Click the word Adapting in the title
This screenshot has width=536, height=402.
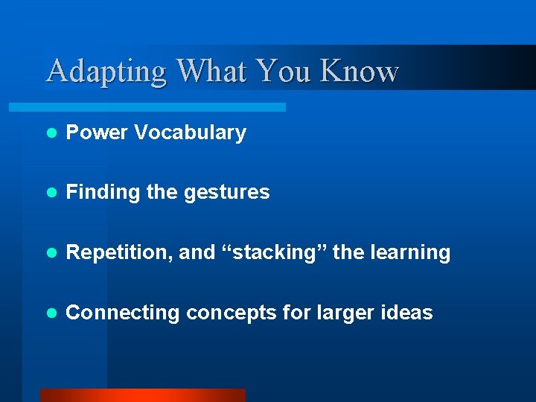106,71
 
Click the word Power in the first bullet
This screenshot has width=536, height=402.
96,133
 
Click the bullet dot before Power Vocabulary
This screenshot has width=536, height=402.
51,134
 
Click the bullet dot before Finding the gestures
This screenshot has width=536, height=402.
51,194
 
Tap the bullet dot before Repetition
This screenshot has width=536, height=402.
51,254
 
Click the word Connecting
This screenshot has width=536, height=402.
123,313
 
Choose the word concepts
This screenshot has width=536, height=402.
231,313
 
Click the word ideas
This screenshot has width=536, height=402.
409,313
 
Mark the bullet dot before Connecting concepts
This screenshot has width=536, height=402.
51,313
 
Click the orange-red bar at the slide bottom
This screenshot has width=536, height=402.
142,395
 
